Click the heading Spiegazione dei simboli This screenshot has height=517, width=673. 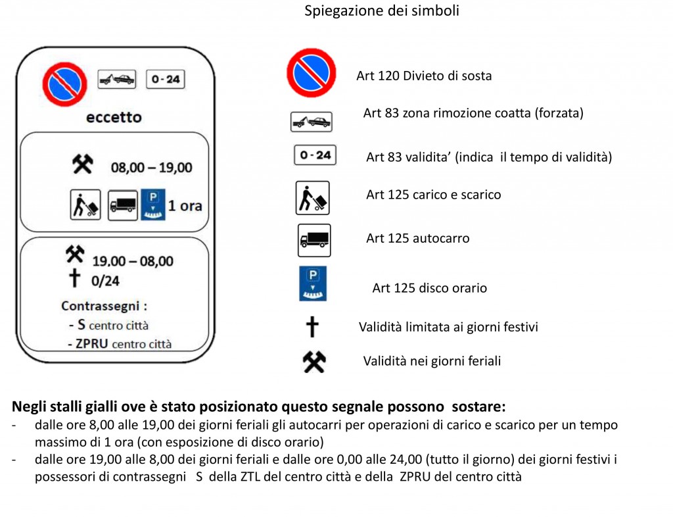click(381, 11)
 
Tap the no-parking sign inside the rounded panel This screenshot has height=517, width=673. click(64, 84)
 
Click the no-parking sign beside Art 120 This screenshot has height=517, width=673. click(311, 73)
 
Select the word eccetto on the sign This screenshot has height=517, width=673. click(114, 118)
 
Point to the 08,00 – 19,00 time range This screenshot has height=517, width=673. click(151, 168)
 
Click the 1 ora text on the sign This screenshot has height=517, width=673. click(185, 206)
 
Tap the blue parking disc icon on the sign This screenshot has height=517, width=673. click(152, 205)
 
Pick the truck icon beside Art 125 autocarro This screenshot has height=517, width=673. click(314, 240)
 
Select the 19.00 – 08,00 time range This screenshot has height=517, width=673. click(132, 261)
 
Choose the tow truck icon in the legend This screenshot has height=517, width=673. click(311, 121)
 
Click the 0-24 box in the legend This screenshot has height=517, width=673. click(315, 155)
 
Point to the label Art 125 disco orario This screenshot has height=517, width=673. click(429, 288)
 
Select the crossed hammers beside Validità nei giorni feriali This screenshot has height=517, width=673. click(313, 361)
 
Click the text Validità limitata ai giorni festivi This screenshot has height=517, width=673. click(448, 327)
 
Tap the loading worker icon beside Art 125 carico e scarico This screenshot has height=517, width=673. click(312, 198)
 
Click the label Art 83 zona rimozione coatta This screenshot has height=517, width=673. click(473, 113)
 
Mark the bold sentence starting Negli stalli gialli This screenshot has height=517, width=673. click(258, 406)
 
